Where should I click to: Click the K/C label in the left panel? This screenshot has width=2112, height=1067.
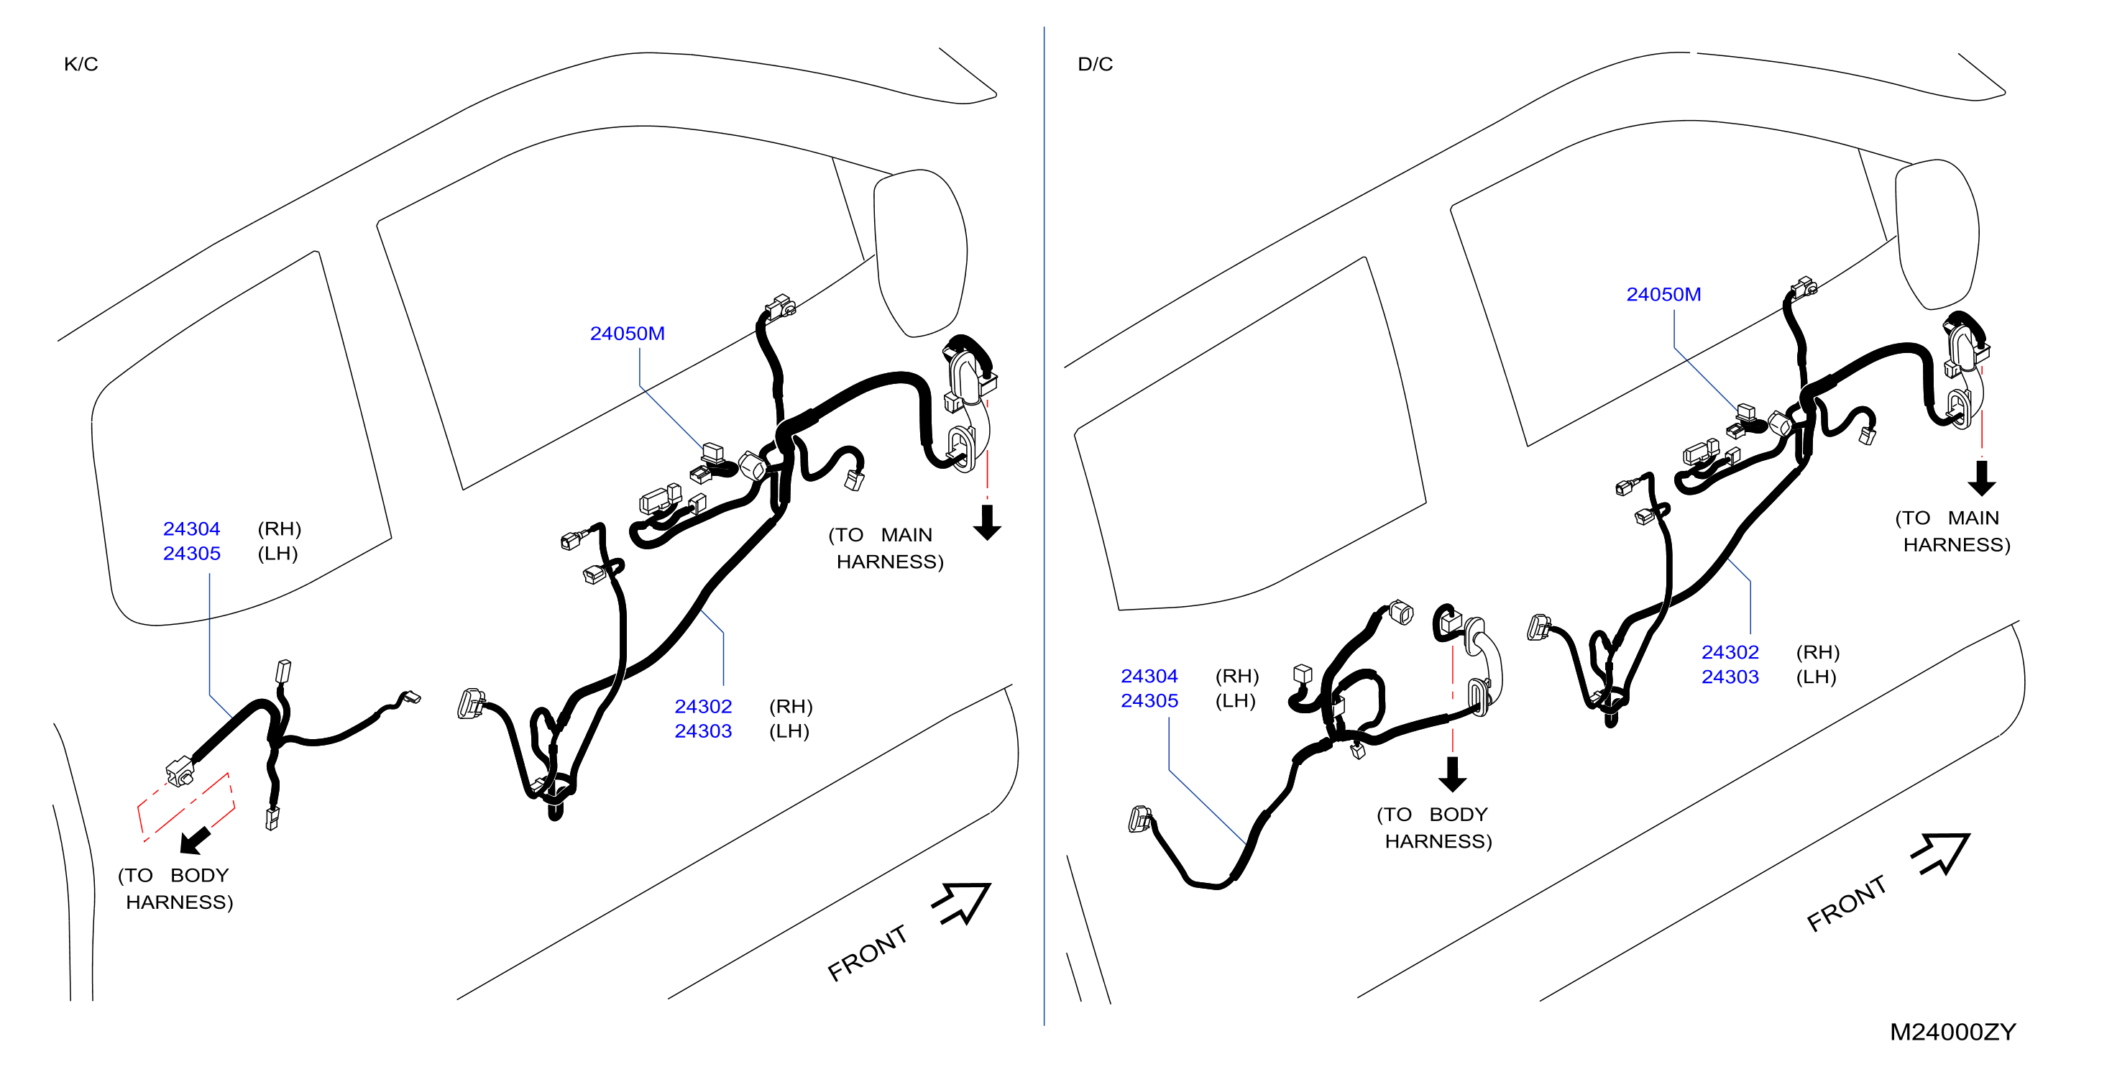point(81,64)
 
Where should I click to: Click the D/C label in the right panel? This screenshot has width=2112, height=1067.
point(1096,64)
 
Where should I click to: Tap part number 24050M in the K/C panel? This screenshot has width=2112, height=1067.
point(628,334)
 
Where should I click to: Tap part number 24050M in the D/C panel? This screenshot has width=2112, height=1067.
point(1663,294)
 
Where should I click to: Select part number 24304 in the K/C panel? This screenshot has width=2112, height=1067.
point(192,529)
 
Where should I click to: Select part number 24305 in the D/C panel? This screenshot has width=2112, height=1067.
point(1149,701)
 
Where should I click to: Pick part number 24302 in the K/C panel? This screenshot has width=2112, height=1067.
point(704,707)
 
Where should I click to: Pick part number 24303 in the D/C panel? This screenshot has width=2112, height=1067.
point(1730,677)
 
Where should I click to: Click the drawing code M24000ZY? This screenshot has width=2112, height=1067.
point(1953,1032)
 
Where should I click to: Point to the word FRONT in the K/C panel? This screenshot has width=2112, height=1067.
point(868,953)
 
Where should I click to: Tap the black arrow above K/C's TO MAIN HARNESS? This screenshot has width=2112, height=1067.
point(988,523)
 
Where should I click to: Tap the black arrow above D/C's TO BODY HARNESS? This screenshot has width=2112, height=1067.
point(1453,774)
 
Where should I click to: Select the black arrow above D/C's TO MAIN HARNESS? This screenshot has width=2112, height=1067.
point(1982,478)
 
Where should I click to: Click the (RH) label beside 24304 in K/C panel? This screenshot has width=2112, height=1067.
point(280,529)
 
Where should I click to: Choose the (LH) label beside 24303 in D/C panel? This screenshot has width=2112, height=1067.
point(1817,677)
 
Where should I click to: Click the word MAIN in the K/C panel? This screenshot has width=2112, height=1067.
point(906,536)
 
